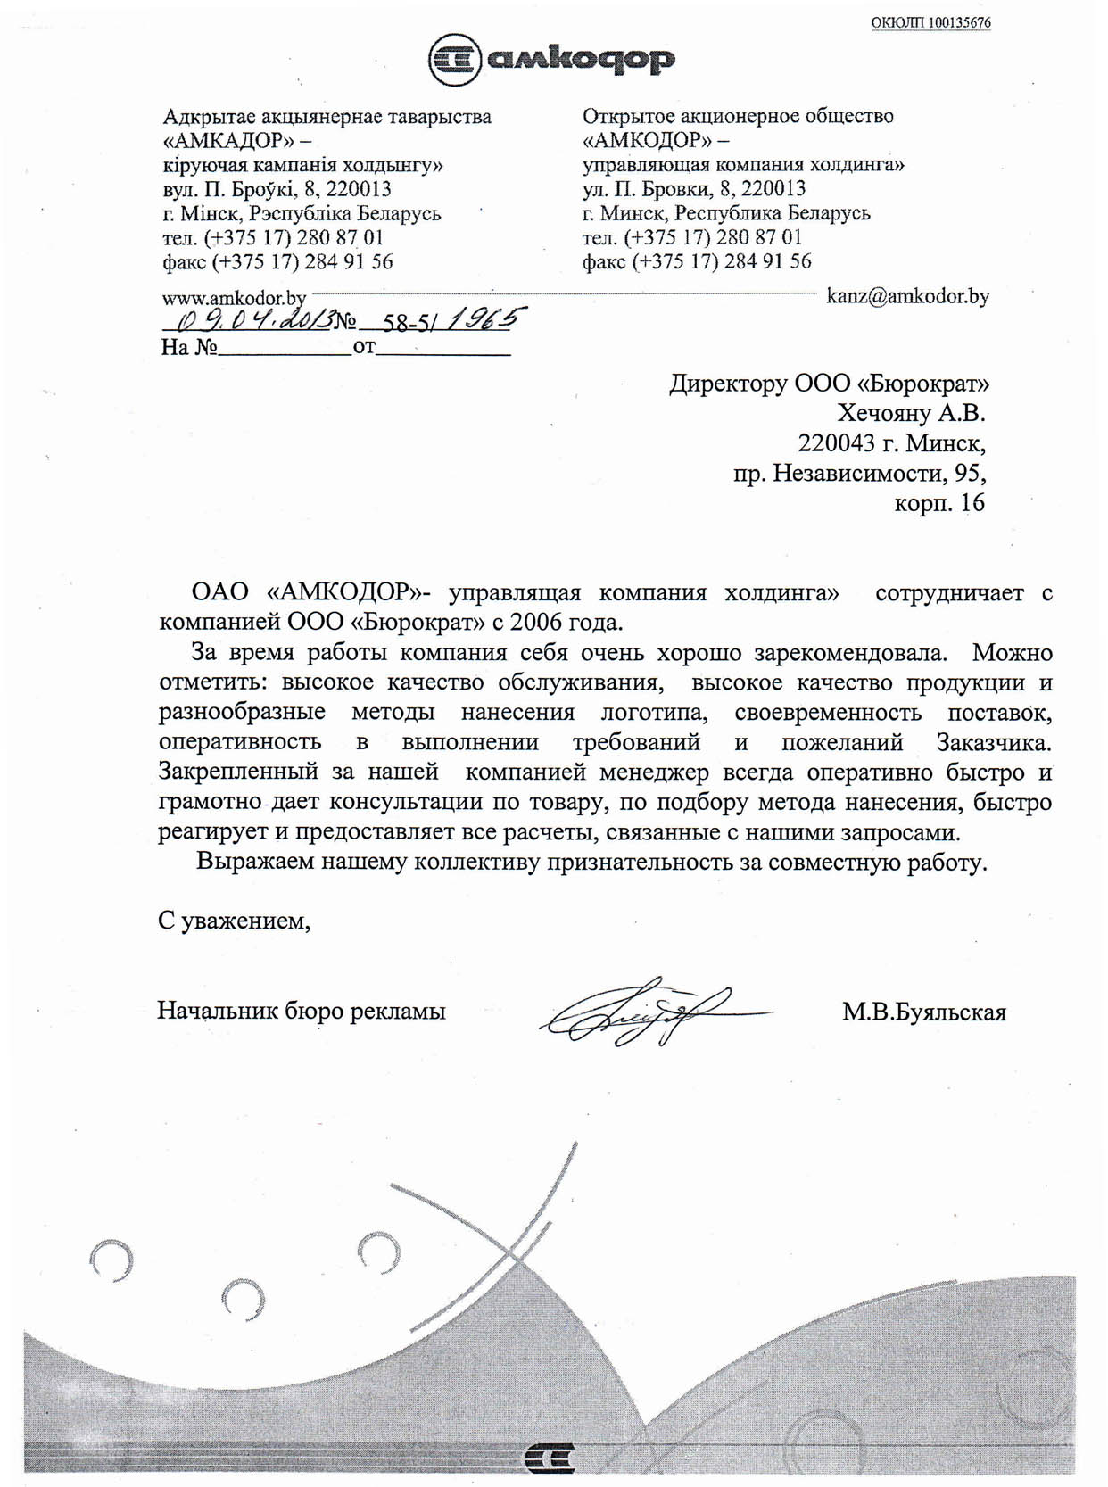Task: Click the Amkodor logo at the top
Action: (551, 60)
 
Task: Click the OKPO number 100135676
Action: (930, 23)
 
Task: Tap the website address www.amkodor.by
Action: (234, 298)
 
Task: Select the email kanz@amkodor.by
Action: (907, 296)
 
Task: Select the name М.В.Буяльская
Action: (923, 1012)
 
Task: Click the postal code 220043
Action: (837, 443)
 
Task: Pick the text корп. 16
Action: (939, 503)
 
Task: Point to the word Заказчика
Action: (994, 742)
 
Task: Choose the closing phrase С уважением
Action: (234, 921)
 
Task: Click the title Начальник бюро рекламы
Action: (302, 1012)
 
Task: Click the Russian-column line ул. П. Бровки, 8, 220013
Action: (694, 189)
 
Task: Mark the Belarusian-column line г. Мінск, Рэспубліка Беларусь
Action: (302, 214)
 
